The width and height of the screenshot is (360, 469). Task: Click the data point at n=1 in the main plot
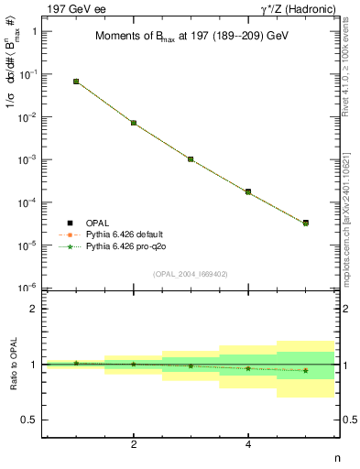pyautogui.click(x=76, y=82)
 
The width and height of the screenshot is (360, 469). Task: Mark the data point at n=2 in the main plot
pyautogui.click(x=134, y=123)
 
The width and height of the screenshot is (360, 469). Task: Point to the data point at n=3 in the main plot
pyautogui.click(x=191, y=159)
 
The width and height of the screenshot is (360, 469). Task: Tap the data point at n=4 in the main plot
pyautogui.click(x=248, y=191)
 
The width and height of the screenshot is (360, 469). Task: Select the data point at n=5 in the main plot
pyautogui.click(x=305, y=223)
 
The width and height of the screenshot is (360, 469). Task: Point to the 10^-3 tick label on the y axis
pyautogui.click(x=29, y=159)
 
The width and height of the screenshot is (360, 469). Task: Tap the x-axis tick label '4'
pyautogui.click(x=248, y=444)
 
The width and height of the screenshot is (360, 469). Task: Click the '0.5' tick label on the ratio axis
pyautogui.click(x=29, y=420)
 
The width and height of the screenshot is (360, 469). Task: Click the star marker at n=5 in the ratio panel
pyautogui.click(x=305, y=370)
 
